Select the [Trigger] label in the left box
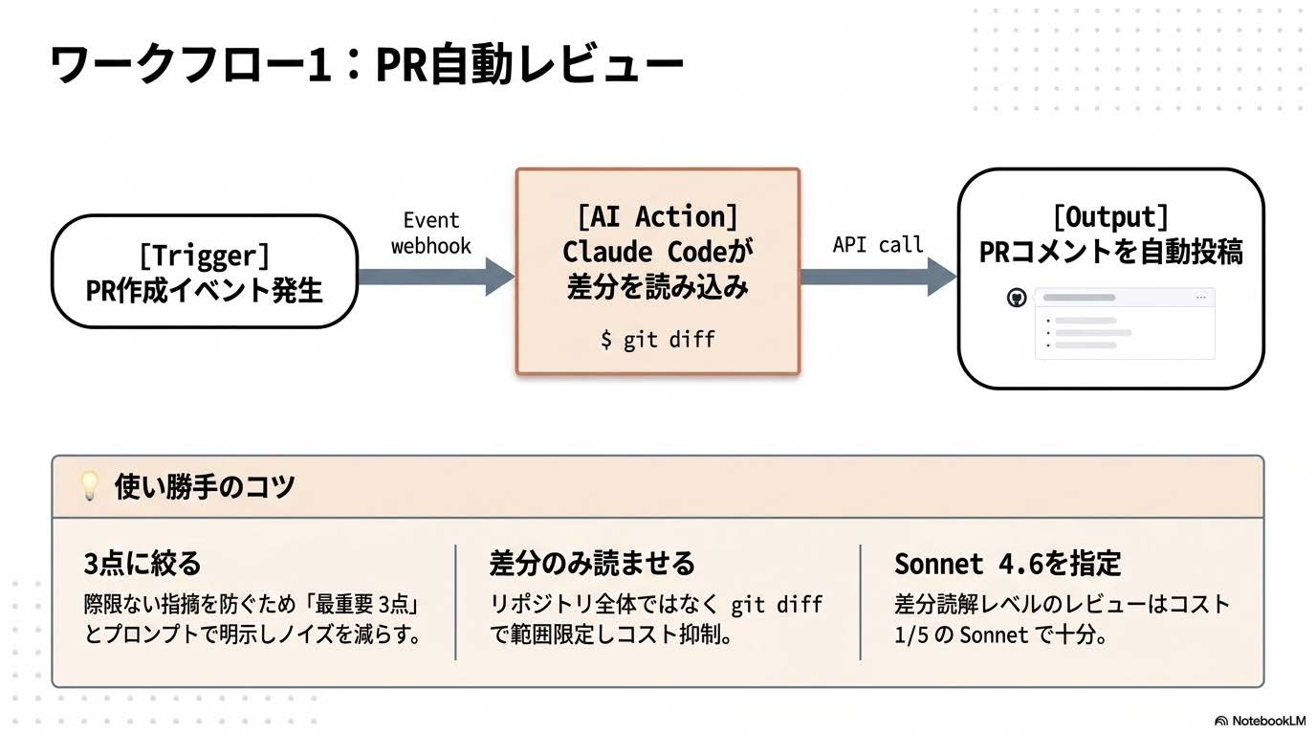204,256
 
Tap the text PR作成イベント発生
204,290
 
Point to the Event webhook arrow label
431,234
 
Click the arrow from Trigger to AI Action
435,277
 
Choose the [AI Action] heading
657,217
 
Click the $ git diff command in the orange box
657,339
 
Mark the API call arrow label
878,245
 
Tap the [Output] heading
1110,217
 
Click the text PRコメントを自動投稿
1110,252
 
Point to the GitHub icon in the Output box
1017,299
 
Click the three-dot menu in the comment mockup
1201,299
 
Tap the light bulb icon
89,486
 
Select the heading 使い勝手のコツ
204,486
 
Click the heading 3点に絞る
143,563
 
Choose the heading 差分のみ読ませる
592,563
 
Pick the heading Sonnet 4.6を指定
1007,563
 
